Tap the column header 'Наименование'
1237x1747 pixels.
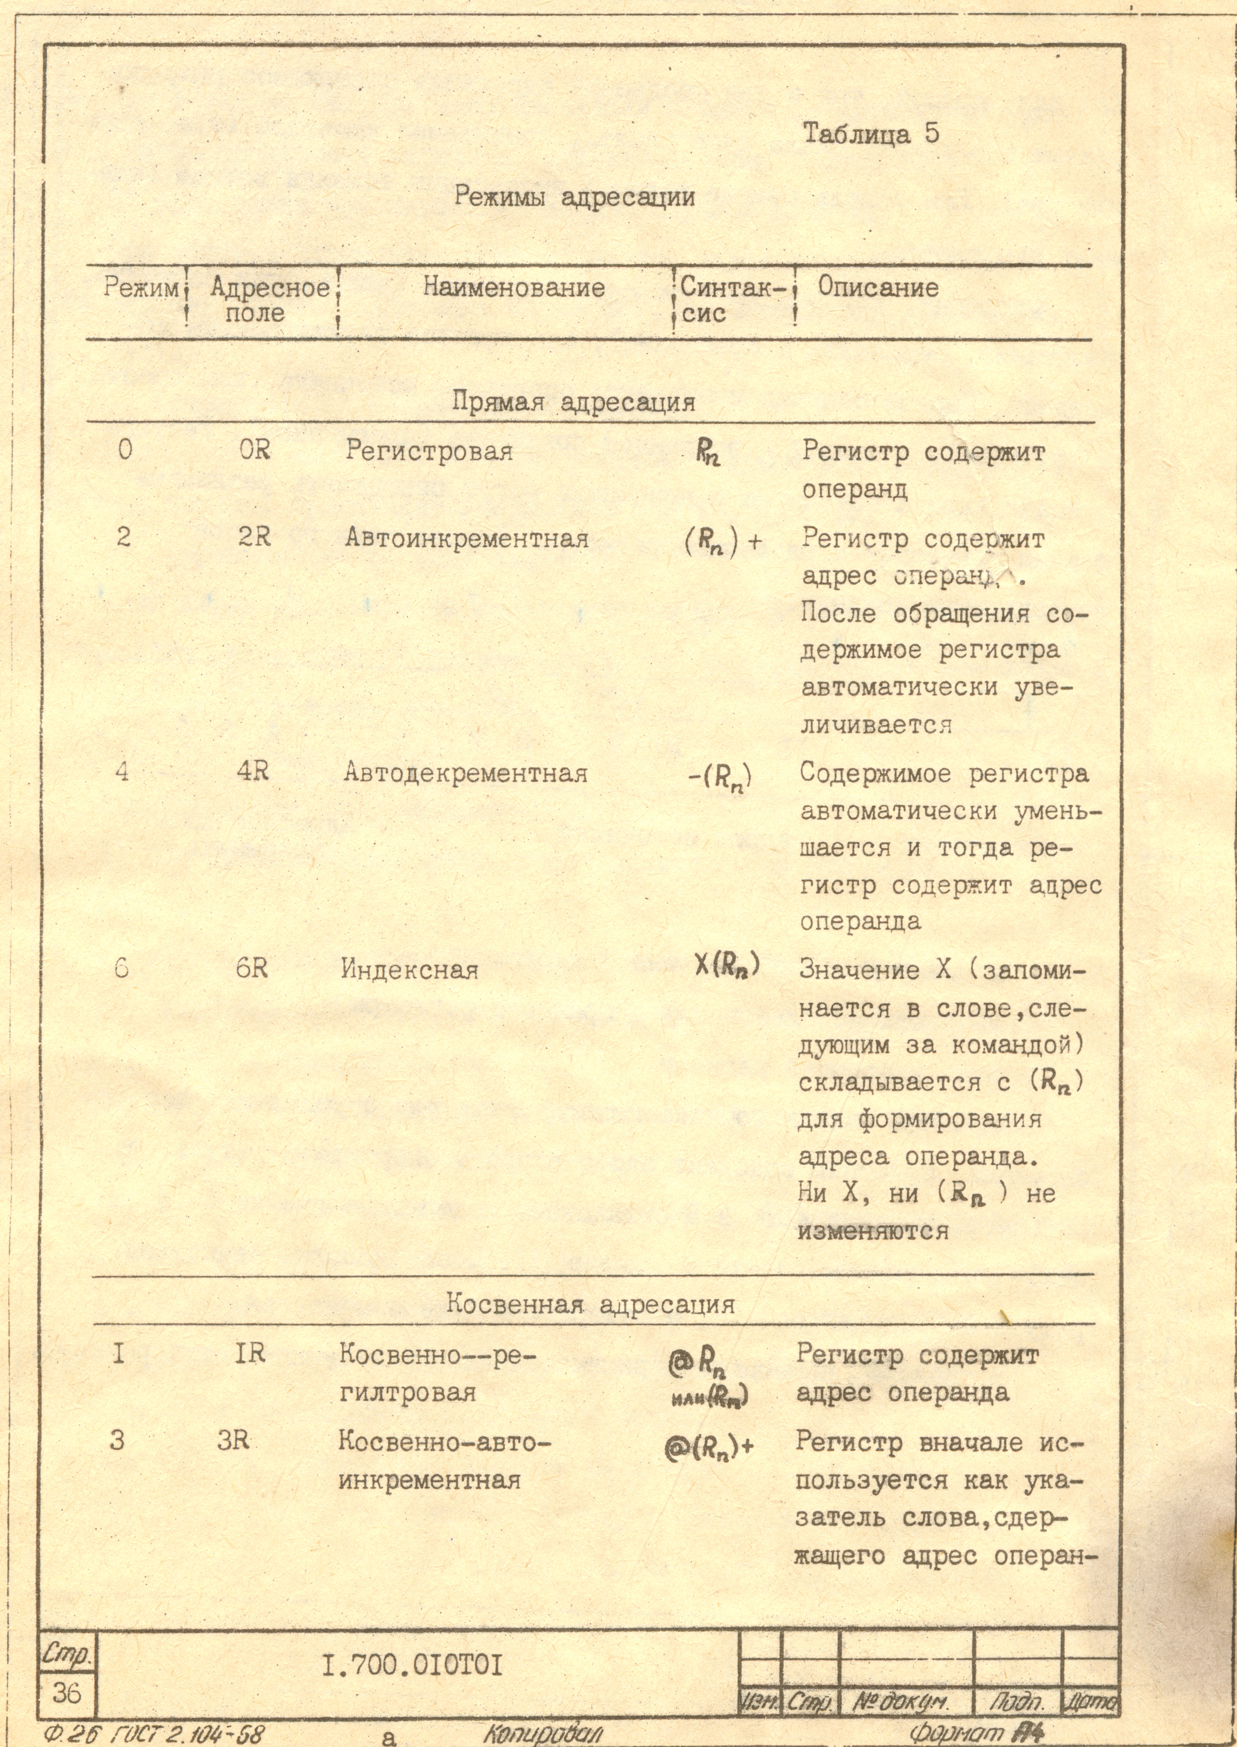pos(514,288)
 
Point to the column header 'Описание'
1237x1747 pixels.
pos(878,288)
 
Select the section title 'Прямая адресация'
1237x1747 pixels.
pos(574,401)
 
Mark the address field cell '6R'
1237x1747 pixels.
pos(251,969)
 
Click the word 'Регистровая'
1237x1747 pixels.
pos(429,451)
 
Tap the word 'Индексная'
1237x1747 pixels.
pos(409,970)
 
